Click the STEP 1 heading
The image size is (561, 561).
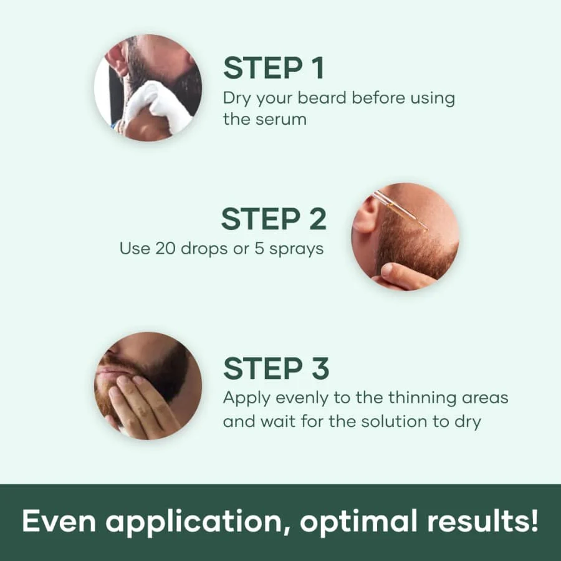(274, 68)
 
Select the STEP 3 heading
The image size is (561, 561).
(276, 368)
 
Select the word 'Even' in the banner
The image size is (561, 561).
(55, 521)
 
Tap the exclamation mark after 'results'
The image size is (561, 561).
(534, 521)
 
